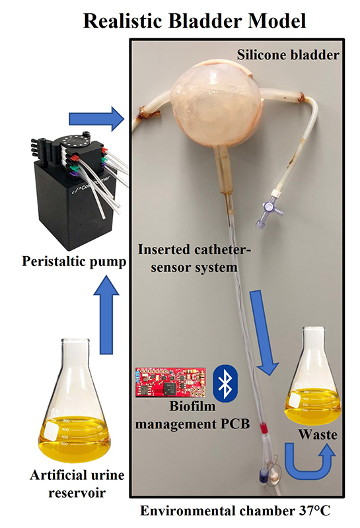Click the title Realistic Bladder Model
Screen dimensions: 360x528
click(194, 20)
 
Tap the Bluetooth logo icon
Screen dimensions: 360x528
click(225, 383)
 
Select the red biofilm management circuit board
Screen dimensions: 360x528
click(170, 382)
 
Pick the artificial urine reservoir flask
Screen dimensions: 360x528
click(75, 400)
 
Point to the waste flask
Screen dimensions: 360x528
click(314, 376)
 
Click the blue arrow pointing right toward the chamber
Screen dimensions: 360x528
click(96, 119)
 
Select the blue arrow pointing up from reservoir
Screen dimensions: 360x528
click(106, 315)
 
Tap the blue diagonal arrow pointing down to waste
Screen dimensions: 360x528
click(264, 332)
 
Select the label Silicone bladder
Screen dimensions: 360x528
click(287, 55)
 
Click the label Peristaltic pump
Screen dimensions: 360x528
click(74, 261)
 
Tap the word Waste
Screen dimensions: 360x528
click(318, 434)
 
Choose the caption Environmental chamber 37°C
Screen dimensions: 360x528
click(235, 511)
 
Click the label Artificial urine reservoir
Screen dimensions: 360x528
click(77, 484)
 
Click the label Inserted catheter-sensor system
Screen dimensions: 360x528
click(195, 259)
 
